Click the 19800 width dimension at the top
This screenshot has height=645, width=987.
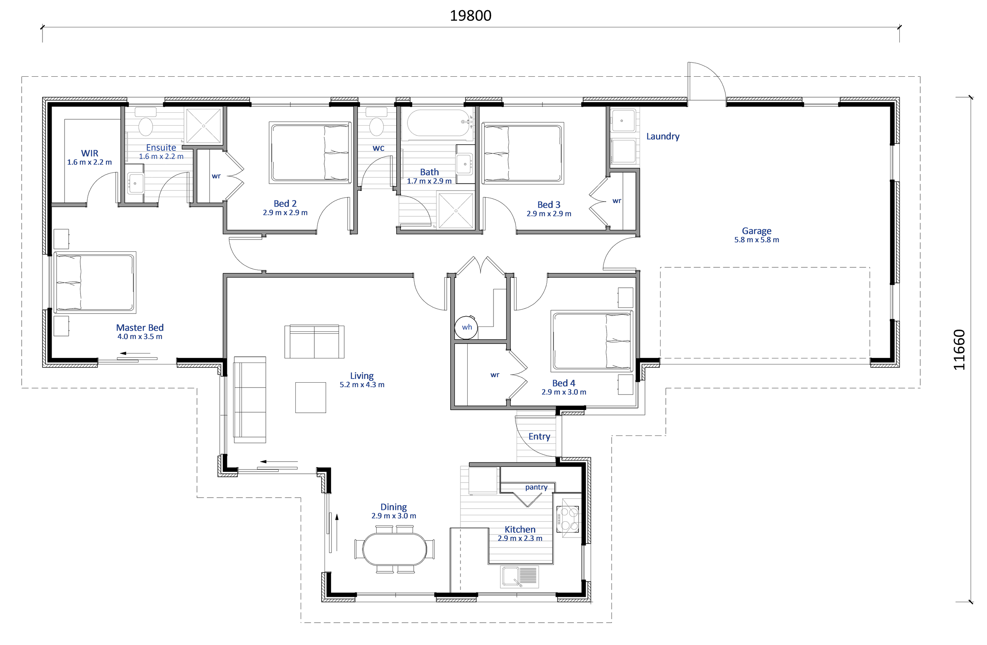pyautogui.click(x=471, y=16)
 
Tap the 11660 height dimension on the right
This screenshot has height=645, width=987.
pyautogui.click(x=959, y=350)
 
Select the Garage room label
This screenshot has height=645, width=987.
pyautogui.click(x=757, y=231)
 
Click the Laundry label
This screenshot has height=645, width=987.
pyautogui.click(x=663, y=136)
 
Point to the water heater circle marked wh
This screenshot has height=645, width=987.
pyautogui.click(x=467, y=327)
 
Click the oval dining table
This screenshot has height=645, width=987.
pyautogui.click(x=394, y=549)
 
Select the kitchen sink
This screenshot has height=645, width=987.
pyautogui.click(x=519, y=577)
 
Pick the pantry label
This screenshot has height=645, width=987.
pyautogui.click(x=536, y=487)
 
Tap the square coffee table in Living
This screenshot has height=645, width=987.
pyautogui.click(x=311, y=397)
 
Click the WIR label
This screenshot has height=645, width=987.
pyautogui.click(x=90, y=153)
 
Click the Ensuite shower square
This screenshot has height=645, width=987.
pyautogui.click(x=203, y=126)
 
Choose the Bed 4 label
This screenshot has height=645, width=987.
pyautogui.click(x=564, y=383)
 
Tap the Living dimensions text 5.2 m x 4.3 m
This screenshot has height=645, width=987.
pyautogui.click(x=362, y=385)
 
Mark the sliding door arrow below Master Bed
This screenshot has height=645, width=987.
pyautogui.click(x=135, y=354)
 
